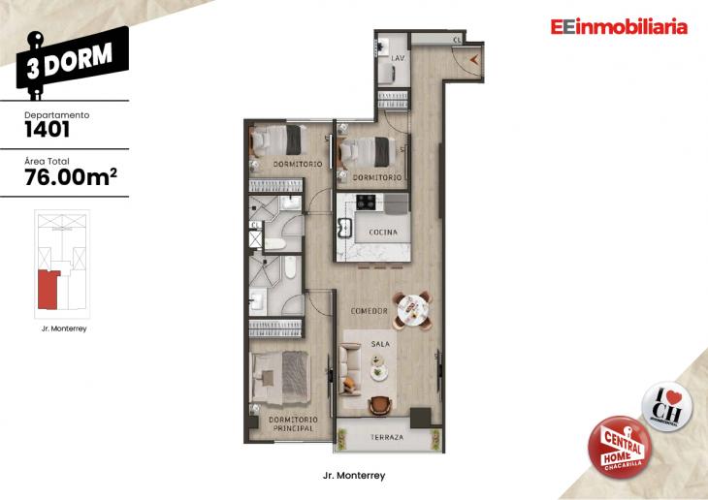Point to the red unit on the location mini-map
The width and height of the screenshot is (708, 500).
tap(48, 290)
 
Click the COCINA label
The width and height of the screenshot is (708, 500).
tap(383, 233)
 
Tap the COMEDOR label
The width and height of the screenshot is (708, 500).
tap(370, 311)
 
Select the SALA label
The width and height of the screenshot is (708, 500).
tap(380, 343)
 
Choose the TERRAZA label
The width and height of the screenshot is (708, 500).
tap(386, 438)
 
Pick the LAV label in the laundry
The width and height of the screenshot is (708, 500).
tap(397, 59)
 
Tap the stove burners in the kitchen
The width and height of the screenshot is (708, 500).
tap(367, 203)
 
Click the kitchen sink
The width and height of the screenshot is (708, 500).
tap(345, 230)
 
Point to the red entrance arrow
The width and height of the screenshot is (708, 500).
tap(472, 59)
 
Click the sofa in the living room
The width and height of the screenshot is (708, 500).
tap(350, 366)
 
